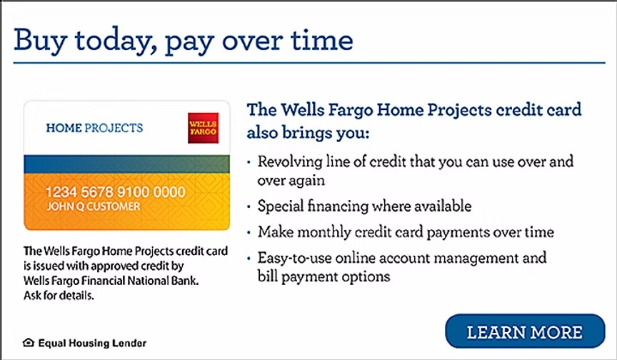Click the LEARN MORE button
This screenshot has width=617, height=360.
525,331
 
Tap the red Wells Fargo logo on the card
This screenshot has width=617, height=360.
203,128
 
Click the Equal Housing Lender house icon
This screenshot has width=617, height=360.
29,343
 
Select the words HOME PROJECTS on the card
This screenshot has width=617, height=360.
94,128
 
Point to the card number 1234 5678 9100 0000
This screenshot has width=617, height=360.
115,192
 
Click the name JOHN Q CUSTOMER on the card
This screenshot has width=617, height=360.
94,206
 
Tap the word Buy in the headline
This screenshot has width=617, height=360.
40,40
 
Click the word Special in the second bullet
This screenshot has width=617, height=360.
280,206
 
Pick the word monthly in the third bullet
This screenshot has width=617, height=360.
323,231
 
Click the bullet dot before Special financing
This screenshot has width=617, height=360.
249,206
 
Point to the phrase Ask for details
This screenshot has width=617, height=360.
59,295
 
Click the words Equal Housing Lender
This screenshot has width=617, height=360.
92,343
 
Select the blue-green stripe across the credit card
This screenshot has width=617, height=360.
126,164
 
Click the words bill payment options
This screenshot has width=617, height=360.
323,276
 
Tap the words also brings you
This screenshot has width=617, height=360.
308,133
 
